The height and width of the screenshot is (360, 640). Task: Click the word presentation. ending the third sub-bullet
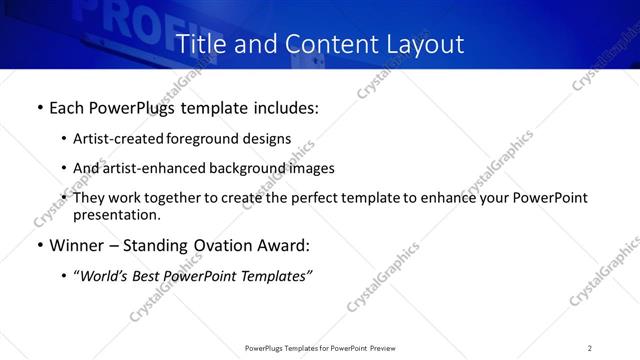[x=116, y=214]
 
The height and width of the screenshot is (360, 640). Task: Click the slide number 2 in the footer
[x=590, y=348]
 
